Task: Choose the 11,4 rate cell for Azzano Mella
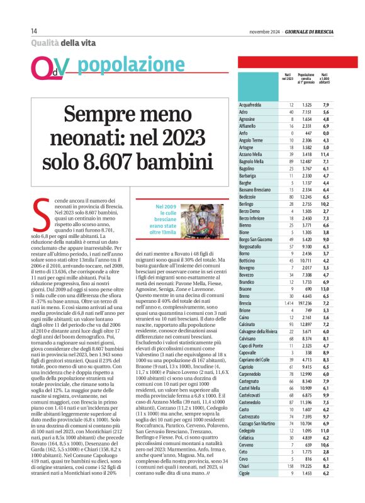coord(326,154)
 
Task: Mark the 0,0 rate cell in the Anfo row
coord(326,133)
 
